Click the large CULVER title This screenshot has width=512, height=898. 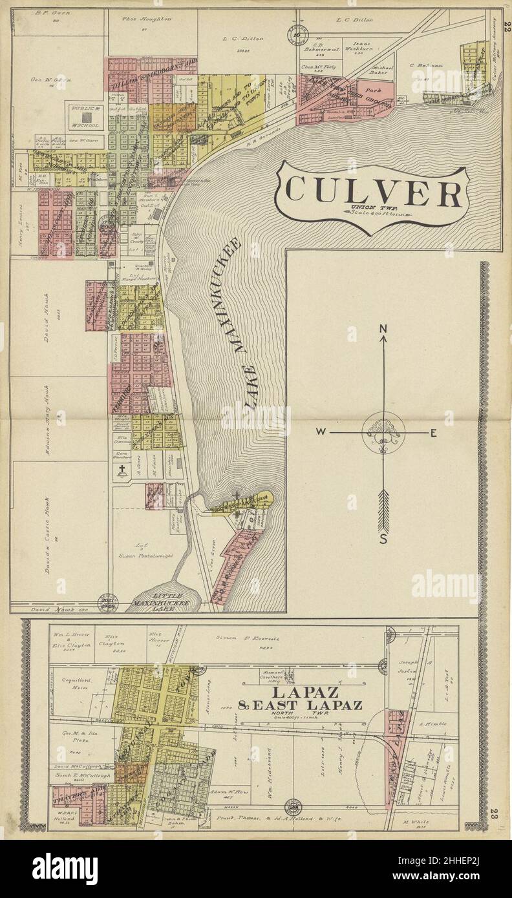tap(374, 191)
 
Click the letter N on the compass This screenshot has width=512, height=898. tap(383, 329)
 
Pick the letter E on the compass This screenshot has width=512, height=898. tap(433, 433)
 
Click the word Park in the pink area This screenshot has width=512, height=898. tap(370, 91)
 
